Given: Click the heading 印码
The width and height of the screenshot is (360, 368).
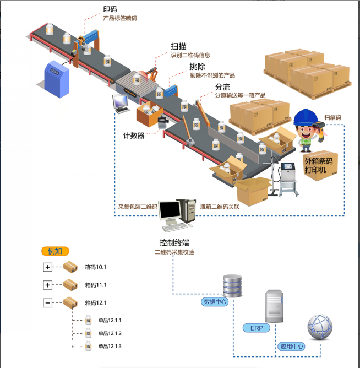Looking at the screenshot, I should click(110, 9).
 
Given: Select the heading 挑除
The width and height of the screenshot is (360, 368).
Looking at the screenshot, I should click(197, 67).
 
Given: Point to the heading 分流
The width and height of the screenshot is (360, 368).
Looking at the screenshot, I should click(222, 88).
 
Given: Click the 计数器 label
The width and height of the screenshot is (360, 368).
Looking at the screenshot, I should click(134, 136).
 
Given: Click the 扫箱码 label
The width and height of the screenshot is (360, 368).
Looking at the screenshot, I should click(332, 118).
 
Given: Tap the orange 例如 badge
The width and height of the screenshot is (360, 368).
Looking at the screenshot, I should click(55, 251).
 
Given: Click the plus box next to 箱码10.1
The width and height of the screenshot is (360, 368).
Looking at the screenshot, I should click(48, 267).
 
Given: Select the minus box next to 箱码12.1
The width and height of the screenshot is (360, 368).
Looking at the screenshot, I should click(48, 302).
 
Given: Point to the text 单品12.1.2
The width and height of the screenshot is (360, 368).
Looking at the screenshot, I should click(110, 333).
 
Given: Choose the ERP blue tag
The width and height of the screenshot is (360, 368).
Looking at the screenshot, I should click(257, 328).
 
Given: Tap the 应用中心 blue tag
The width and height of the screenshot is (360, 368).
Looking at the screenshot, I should click(292, 347).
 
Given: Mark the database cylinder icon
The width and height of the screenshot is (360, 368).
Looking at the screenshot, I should click(232, 284).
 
